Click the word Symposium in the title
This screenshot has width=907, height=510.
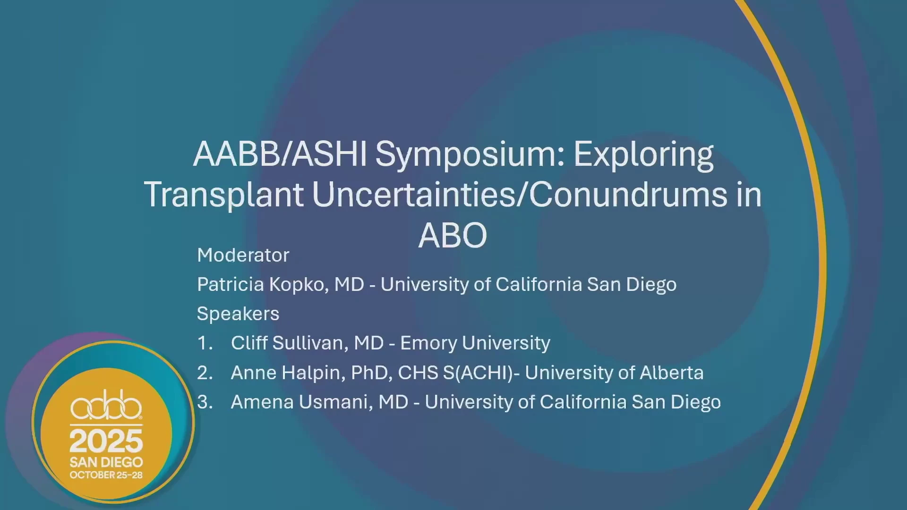point(470,155)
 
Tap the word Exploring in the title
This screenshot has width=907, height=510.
point(643,155)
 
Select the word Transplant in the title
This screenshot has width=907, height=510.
point(223,195)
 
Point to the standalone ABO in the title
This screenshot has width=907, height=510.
point(453,235)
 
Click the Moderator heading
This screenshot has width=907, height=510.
point(243,255)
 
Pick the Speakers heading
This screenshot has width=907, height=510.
point(238,314)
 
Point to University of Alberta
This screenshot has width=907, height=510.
point(614,373)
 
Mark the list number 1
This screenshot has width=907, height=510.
point(205,343)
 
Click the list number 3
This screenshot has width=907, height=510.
point(205,402)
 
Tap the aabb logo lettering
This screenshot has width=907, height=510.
point(106,405)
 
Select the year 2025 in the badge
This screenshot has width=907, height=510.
point(106,441)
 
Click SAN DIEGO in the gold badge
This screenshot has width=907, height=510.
point(106,462)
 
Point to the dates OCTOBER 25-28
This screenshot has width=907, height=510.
point(106,475)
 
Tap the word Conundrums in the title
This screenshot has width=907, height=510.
point(628,195)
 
